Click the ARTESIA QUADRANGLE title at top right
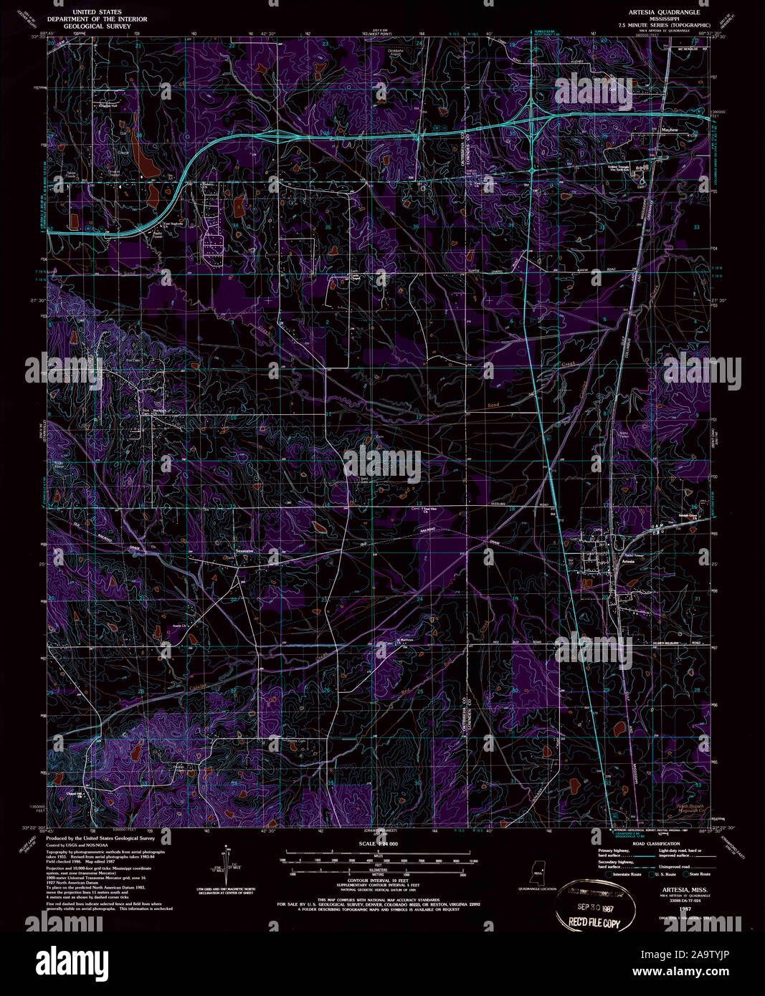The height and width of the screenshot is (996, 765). pos(664,13)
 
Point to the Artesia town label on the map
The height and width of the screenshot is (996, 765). pos(627,562)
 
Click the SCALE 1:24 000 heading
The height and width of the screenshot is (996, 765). pos(377,845)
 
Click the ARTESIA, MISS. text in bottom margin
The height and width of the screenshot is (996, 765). pos(672,886)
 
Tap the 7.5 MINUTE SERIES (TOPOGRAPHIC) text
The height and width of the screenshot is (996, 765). pos(664,26)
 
